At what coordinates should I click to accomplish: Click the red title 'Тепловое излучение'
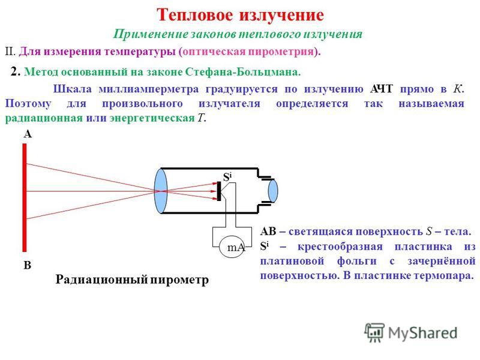[x=240, y=14]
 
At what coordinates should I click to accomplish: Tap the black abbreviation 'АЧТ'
[x=381, y=89]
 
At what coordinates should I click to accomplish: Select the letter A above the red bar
[x=28, y=134]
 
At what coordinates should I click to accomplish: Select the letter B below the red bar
[x=28, y=265]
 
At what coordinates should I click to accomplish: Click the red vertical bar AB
[x=25, y=197]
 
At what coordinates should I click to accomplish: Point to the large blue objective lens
[x=161, y=191]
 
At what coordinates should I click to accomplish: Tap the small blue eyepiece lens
[x=273, y=191]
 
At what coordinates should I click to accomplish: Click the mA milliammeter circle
[x=232, y=247]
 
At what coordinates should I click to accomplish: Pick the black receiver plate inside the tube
[x=219, y=191]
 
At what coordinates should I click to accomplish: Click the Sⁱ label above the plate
[x=227, y=177]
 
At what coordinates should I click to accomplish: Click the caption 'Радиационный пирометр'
[x=132, y=280]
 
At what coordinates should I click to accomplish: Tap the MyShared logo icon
[x=374, y=332]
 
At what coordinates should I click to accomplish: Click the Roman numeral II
[x=10, y=52]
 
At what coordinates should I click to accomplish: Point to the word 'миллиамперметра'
[x=149, y=89]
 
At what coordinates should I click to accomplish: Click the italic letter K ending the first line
[x=457, y=89]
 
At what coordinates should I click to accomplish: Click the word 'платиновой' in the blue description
[x=292, y=261]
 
